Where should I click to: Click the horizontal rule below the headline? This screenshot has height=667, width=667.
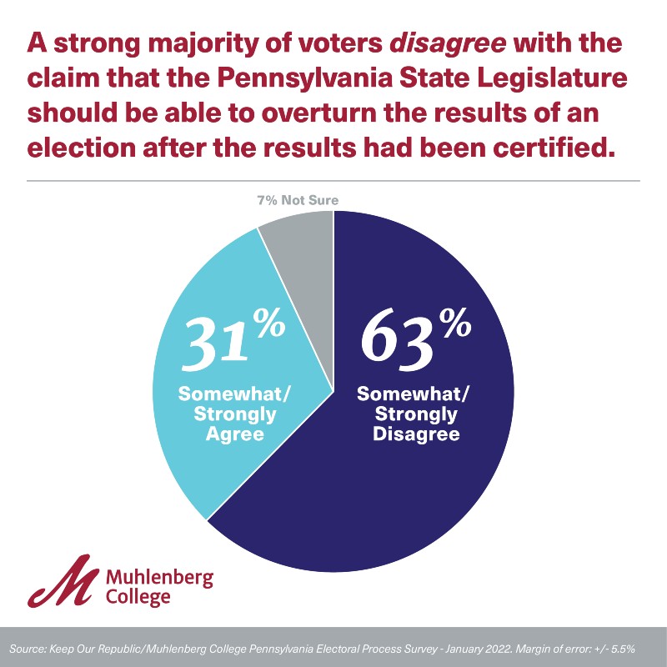(333, 180)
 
